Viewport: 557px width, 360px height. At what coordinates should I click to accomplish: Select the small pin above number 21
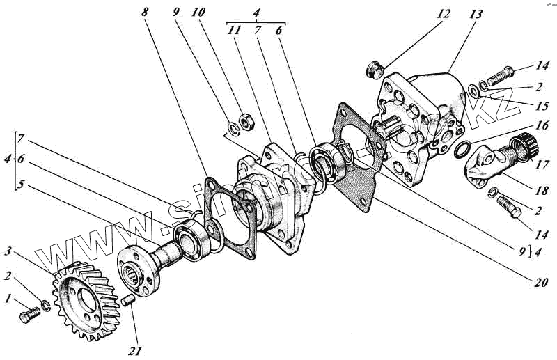(127, 301)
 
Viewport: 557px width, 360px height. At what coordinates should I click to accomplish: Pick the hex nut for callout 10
(244, 118)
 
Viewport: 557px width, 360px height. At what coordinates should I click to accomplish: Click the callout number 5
(21, 186)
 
